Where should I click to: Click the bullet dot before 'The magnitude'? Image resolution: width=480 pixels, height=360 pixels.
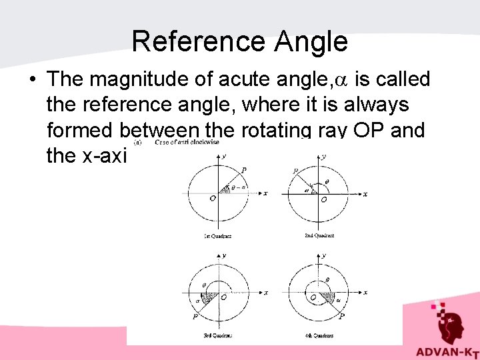tap(33, 80)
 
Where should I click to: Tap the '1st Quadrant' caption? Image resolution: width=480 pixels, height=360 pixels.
tap(217, 236)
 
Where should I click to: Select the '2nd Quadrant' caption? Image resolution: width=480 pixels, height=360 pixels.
tap(319, 235)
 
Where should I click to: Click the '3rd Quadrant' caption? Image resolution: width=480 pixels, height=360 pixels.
tap(217, 335)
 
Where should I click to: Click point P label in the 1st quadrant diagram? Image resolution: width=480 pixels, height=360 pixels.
tap(244, 171)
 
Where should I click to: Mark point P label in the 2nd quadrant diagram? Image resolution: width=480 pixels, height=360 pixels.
tap(295, 171)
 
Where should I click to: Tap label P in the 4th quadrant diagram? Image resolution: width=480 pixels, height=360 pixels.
tap(341, 317)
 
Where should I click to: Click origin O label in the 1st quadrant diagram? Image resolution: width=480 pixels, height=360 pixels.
tap(212, 198)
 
